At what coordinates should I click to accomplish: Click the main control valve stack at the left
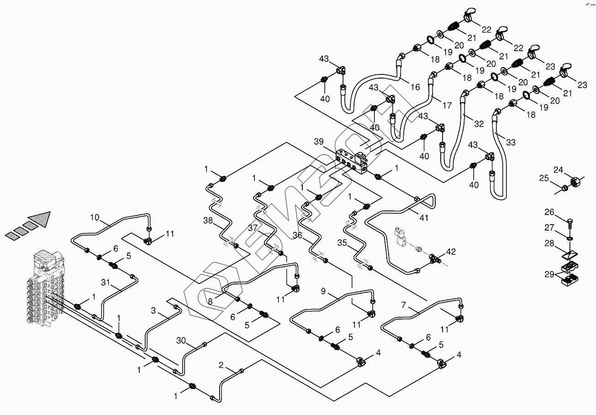pyautogui.click(x=46, y=288)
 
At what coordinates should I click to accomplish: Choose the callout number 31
pyautogui.click(x=105, y=283)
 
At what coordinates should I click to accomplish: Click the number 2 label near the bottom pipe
pyautogui.click(x=222, y=365)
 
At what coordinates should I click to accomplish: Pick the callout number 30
pyautogui.click(x=181, y=340)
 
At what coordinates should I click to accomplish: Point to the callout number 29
pyautogui.click(x=549, y=274)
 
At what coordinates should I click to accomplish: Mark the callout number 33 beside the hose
pyautogui.click(x=511, y=143)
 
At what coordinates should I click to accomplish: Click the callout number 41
pyautogui.click(x=424, y=218)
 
